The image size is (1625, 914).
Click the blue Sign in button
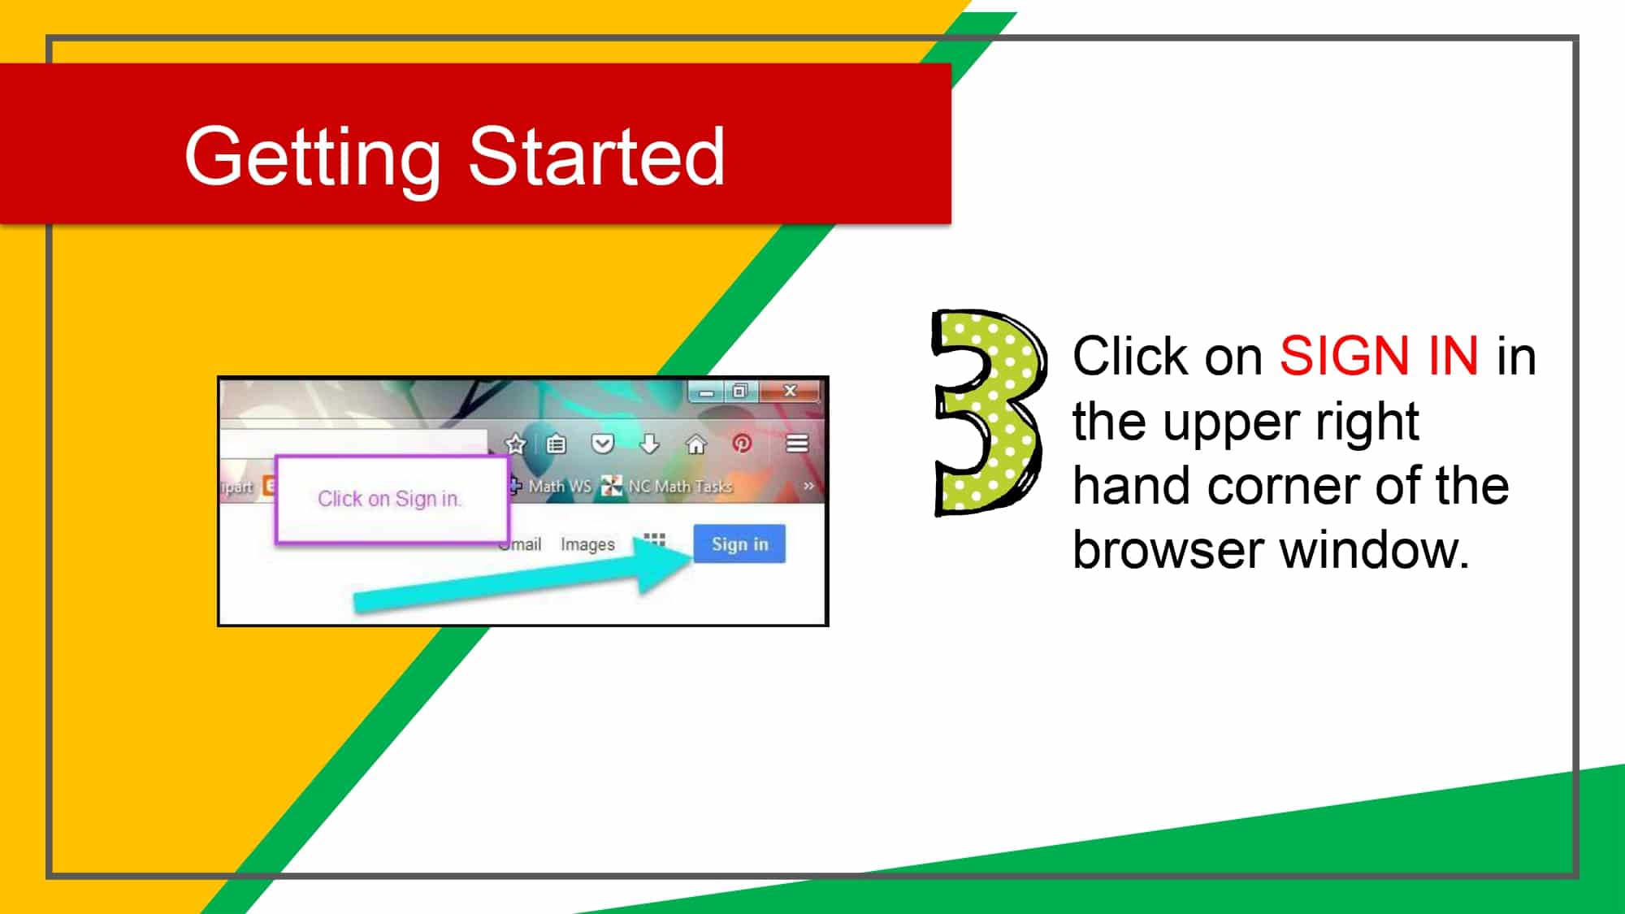pos(739,544)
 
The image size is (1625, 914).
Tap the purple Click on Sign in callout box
pos(391,499)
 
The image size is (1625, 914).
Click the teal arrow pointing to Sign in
pos(520,581)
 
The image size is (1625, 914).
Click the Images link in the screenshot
pos(587,544)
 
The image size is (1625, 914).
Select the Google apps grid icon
pos(654,539)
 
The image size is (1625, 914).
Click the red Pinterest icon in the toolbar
pos(742,444)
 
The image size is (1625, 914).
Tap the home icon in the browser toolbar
pos(696,444)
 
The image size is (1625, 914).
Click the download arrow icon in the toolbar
pos(649,444)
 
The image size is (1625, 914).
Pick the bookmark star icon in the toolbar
pos(515,444)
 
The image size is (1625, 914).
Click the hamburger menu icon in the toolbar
pos(797,444)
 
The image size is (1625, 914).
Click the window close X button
pos(790,391)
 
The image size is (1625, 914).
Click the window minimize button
pos(706,392)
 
